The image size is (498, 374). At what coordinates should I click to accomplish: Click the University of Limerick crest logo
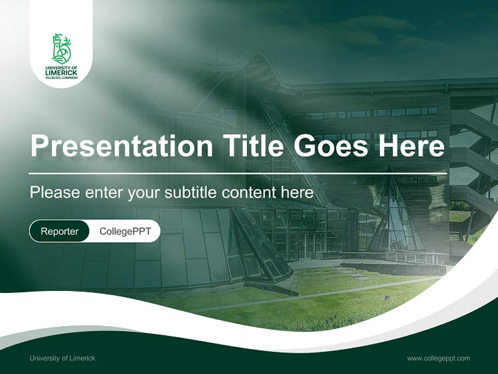pyautogui.click(x=61, y=49)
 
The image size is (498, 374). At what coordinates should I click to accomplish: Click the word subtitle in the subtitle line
pyautogui.click(x=191, y=193)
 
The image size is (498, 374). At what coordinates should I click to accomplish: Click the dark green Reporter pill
pyautogui.click(x=59, y=231)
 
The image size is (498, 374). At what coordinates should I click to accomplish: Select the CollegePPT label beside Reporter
pyautogui.click(x=125, y=231)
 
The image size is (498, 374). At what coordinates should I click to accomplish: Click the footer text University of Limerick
pyautogui.click(x=62, y=358)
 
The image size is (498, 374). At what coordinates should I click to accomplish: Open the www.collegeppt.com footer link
pyautogui.click(x=438, y=358)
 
